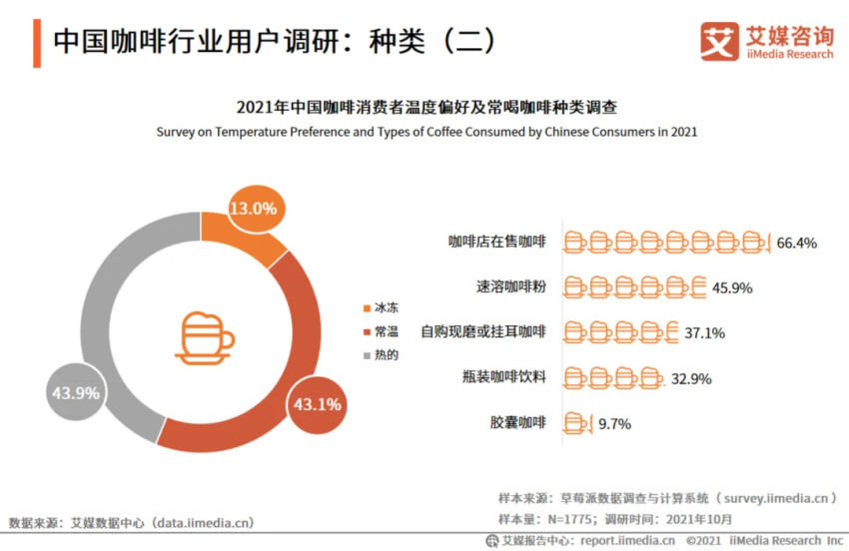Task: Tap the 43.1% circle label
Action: tap(317, 404)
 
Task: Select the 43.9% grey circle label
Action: tap(75, 393)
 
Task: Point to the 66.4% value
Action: tap(797, 242)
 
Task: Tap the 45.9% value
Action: tap(731, 287)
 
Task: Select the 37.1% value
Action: tap(704, 332)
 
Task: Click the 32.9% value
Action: tap(689, 377)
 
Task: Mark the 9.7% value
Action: tap(614, 423)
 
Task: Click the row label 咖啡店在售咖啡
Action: tap(497, 242)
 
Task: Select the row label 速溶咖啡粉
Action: tap(511, 287)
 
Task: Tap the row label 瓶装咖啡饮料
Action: tap(504, 377)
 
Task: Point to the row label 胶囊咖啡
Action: tap(518, 422)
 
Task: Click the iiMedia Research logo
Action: tap(766, 41)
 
